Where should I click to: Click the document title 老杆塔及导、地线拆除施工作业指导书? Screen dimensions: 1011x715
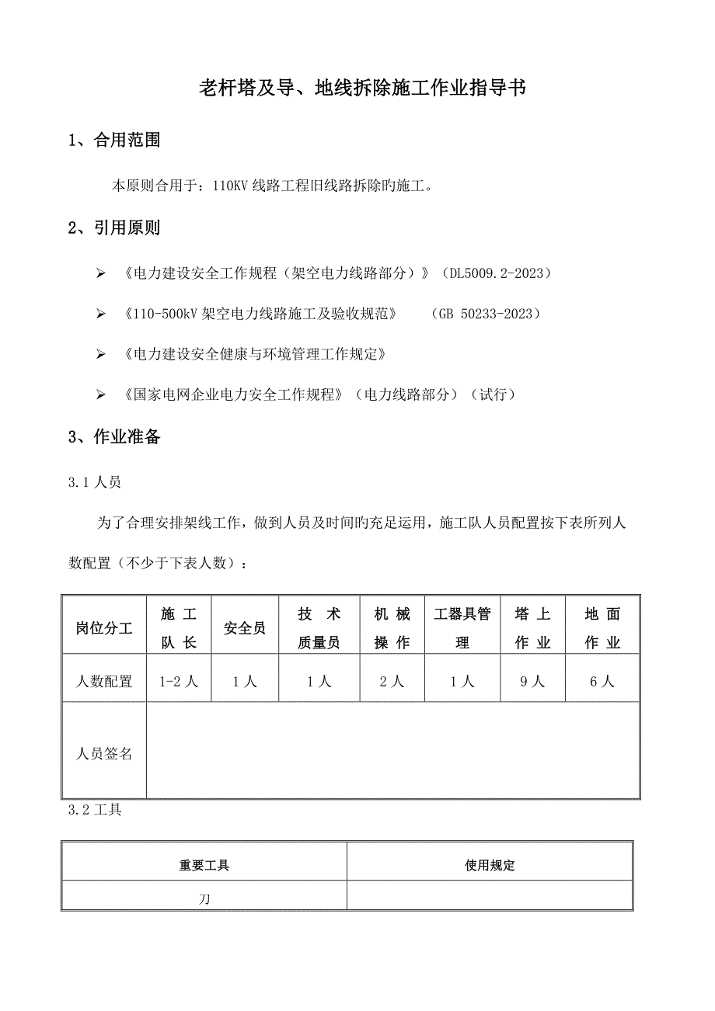pyautogui.click(x=363, y=89)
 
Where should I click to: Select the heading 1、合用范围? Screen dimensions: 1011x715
pyautogui.click(x=114, y=141)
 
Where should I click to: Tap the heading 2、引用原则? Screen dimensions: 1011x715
pyautogui.click(x=114, y=228)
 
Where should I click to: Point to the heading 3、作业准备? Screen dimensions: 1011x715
pyautogui.click(x=114, y=437)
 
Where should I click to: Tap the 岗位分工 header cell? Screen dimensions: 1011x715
pyautogui.click(x=104, y=628)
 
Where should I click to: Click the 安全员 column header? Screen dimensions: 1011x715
pyautogui.click(x=245, y=628)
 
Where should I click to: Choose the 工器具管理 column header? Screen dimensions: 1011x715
pyautogui.click(x=462, y=628)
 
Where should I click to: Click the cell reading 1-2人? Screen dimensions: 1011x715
pyautogui.click(x=179, y=681)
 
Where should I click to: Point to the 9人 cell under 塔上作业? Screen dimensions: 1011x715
pyautogui.click(x=532, y=681)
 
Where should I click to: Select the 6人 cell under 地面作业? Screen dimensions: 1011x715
pyautogui.click(x=602, y=681)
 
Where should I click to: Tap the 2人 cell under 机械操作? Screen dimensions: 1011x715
pyautogui.click(x=392, y=681)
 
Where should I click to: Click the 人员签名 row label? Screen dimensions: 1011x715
pyautogui.click(x=104, y=753)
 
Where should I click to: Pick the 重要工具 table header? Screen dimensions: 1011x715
pyautogui.click(x=204, y=865)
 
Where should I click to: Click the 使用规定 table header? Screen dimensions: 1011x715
pyautogui.click(x=490, y=865)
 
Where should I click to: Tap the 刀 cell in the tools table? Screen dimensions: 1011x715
pyautogui.click(x=204, y=898)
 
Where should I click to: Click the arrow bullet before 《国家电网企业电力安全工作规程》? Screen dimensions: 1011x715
pyautogui.click(x=99, y=395)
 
